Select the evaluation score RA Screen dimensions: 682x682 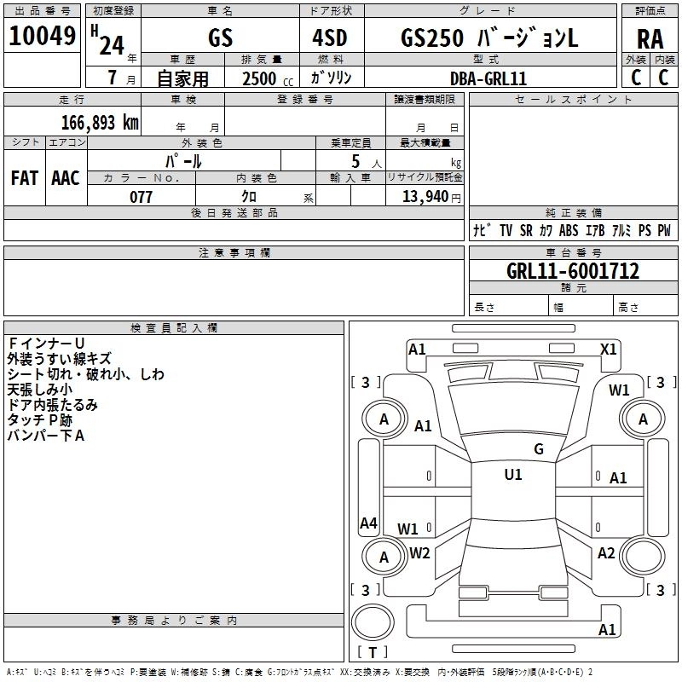click(650, 38)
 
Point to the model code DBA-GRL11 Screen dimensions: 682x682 click(488, 78)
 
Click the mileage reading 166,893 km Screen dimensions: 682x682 click(100, 122)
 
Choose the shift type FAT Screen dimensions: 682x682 click(24, 177)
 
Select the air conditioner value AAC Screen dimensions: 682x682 click(66, 177)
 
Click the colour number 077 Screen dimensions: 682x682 click(141, 197)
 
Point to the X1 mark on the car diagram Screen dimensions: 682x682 click(609, 349)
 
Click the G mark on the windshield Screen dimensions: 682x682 click(539, 449)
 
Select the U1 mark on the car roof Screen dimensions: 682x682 click(512, 475)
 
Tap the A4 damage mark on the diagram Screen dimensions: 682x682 click(368, 523)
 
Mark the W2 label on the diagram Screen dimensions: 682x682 click(419, 552)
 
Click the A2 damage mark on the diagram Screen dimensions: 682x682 click(606, 553)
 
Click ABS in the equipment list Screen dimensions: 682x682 click(569, 231)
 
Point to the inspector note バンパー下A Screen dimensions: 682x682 click(46, 436)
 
